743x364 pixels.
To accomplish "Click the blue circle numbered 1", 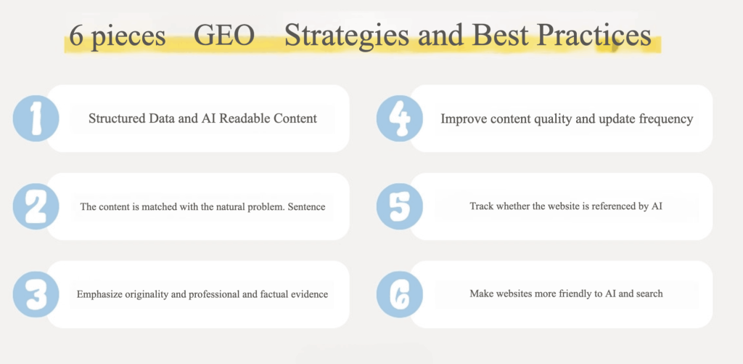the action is point(36,118).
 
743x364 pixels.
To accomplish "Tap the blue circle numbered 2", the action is point(36,206).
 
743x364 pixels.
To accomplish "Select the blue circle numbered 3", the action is point(36,294).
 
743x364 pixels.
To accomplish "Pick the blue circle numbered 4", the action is point(400,118).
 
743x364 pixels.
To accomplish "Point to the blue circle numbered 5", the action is point(400,206).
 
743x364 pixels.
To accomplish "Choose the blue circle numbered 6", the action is point(400,294).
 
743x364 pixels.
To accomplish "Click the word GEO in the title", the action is point(224,36).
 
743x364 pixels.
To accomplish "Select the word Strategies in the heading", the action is point(346,36).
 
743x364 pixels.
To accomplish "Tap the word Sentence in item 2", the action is point(307,206).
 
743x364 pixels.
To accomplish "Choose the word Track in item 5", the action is point(480,206).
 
